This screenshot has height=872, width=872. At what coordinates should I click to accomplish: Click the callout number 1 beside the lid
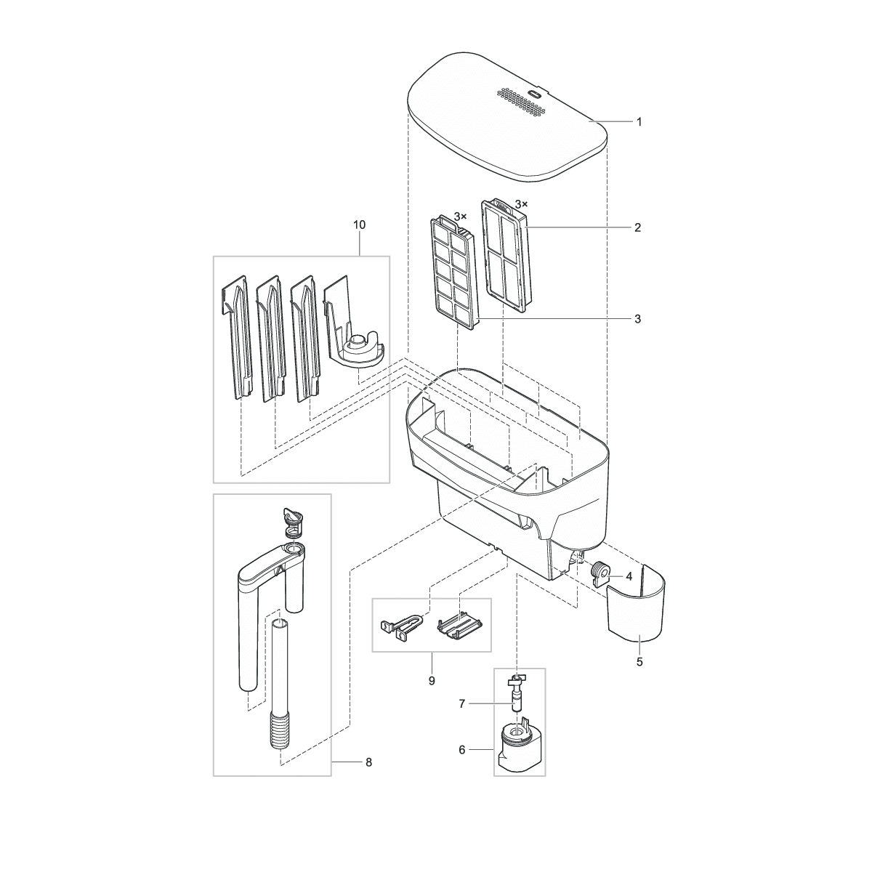(639, 122)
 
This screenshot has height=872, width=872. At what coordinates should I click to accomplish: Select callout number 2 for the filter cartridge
(637, 227)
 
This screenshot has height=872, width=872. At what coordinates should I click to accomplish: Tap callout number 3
(637, 319)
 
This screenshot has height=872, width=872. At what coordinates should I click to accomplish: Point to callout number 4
(629, 577)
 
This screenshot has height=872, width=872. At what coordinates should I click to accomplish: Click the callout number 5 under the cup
(639, 662)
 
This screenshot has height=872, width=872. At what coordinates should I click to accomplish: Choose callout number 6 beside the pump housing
(461, 750)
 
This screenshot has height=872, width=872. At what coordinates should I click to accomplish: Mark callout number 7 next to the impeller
(461, 703)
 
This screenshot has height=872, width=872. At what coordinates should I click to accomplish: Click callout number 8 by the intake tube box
(369, 762)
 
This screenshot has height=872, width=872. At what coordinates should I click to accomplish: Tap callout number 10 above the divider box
(359, 225)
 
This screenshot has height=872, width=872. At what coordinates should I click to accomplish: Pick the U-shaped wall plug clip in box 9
(400, 624)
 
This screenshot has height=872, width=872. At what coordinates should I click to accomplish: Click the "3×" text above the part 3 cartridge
(461, 217)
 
